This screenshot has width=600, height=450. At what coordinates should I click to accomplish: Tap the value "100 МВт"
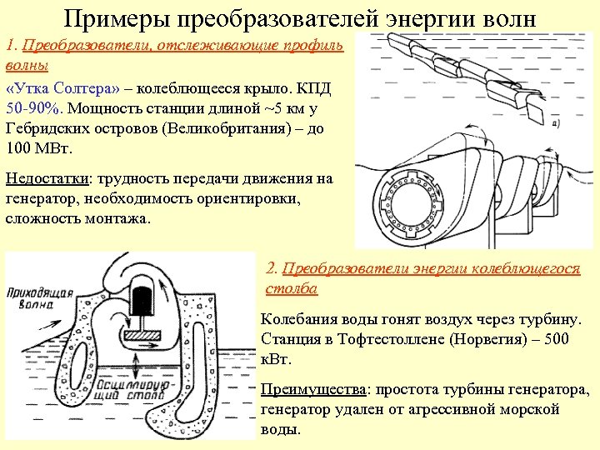pos(39,148)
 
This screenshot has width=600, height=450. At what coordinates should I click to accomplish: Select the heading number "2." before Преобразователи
pos(271,268)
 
